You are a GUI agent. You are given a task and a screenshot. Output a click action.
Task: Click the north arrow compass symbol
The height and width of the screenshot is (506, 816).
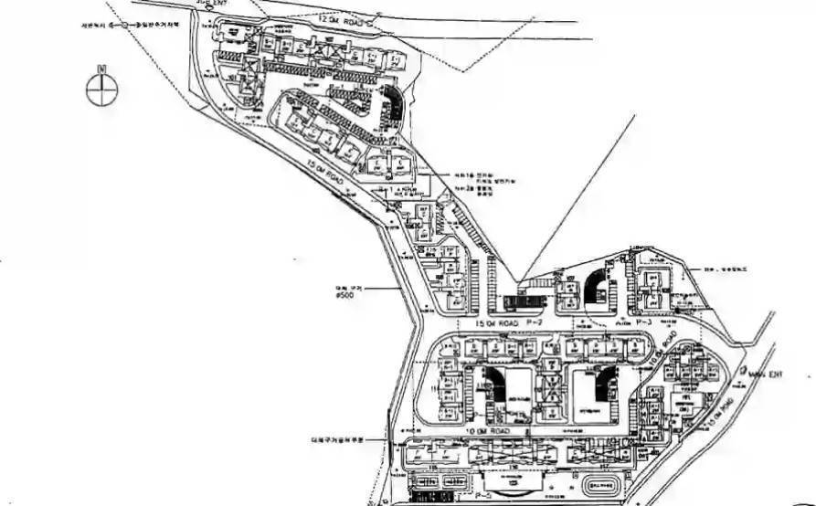point(102,89)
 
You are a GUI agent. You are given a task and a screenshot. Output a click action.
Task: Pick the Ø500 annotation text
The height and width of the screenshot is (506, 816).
point(345,295)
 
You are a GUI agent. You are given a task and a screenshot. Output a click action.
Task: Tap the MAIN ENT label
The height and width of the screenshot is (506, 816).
point(764,374)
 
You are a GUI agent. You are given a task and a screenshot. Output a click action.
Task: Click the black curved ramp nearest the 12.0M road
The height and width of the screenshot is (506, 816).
point(394,103)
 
